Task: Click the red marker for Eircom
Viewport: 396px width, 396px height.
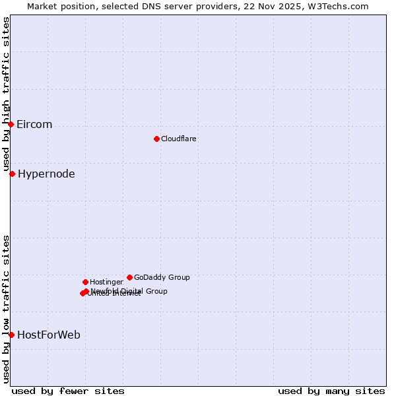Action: coord(11,124)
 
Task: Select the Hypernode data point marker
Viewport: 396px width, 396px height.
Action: coord(12,174)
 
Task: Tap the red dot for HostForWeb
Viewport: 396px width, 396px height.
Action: coord(11,335)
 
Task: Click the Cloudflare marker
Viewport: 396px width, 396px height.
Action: coord(156,139)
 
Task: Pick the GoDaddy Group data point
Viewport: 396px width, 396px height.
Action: coord(129,277)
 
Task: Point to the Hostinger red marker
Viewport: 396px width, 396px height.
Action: coord(85,282)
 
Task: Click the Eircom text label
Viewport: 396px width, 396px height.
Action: coord(34,125)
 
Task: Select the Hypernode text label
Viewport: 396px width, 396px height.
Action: coord(46,174)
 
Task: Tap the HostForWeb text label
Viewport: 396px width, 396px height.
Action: coord(49,335)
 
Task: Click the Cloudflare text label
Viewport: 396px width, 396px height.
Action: coord(179,139)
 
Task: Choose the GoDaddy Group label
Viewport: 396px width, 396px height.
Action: coord(162,278)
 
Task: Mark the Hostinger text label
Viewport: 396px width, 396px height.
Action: coord(106,282)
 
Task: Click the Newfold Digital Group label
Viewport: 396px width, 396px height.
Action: coord(129,291)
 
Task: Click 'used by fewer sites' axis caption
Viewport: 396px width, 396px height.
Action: coord(68,391)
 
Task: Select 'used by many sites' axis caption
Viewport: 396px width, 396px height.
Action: coord(331,391)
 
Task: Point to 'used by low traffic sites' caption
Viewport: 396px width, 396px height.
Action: coord(7,309)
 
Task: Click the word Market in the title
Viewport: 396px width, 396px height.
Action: coord(42,7)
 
